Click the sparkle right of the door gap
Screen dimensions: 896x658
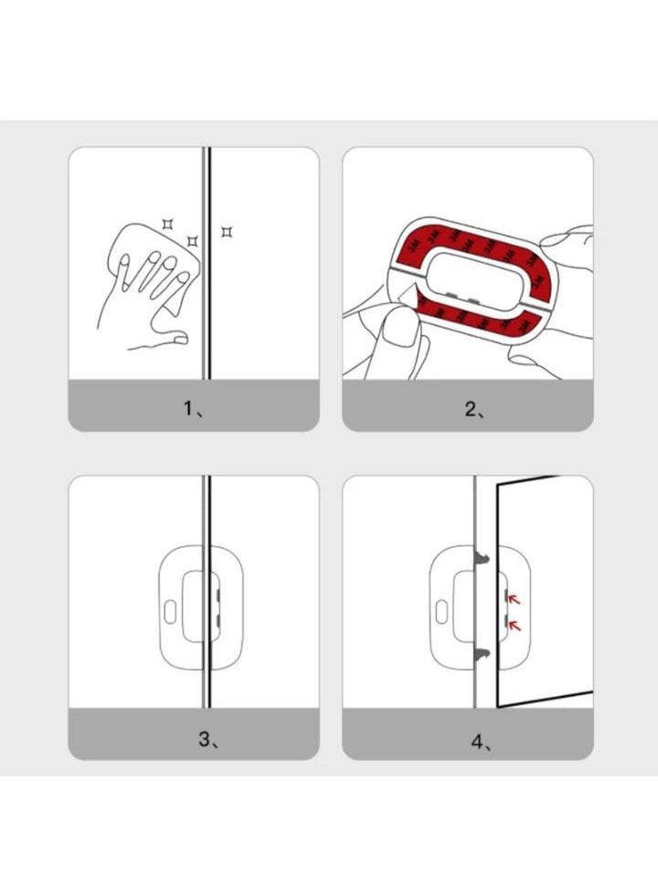(227, 232)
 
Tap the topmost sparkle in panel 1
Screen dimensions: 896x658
(167, 222)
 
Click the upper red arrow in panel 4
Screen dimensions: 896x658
(514, 599)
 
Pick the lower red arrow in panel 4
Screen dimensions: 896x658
(514, 625)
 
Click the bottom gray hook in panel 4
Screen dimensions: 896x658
(480, 652)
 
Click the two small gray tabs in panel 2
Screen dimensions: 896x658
(461, 298)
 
